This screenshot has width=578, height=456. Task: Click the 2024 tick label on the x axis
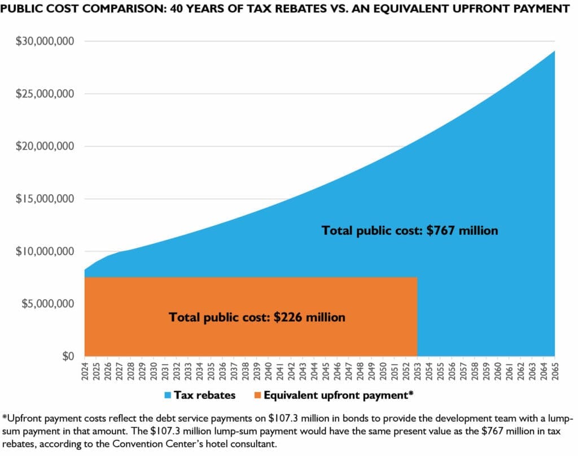[x=85, y=371]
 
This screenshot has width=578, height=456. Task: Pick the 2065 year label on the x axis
[x=554, y=371]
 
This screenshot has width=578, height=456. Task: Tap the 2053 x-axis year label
[x=417, y=371]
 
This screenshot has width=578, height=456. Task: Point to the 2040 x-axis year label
[x=268, y=371]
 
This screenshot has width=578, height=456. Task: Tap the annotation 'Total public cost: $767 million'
[x=410, y=230]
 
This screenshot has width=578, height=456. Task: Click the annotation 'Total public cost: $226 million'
[x=257, y=317]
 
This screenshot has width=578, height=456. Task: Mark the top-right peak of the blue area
[x=554, y=51]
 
